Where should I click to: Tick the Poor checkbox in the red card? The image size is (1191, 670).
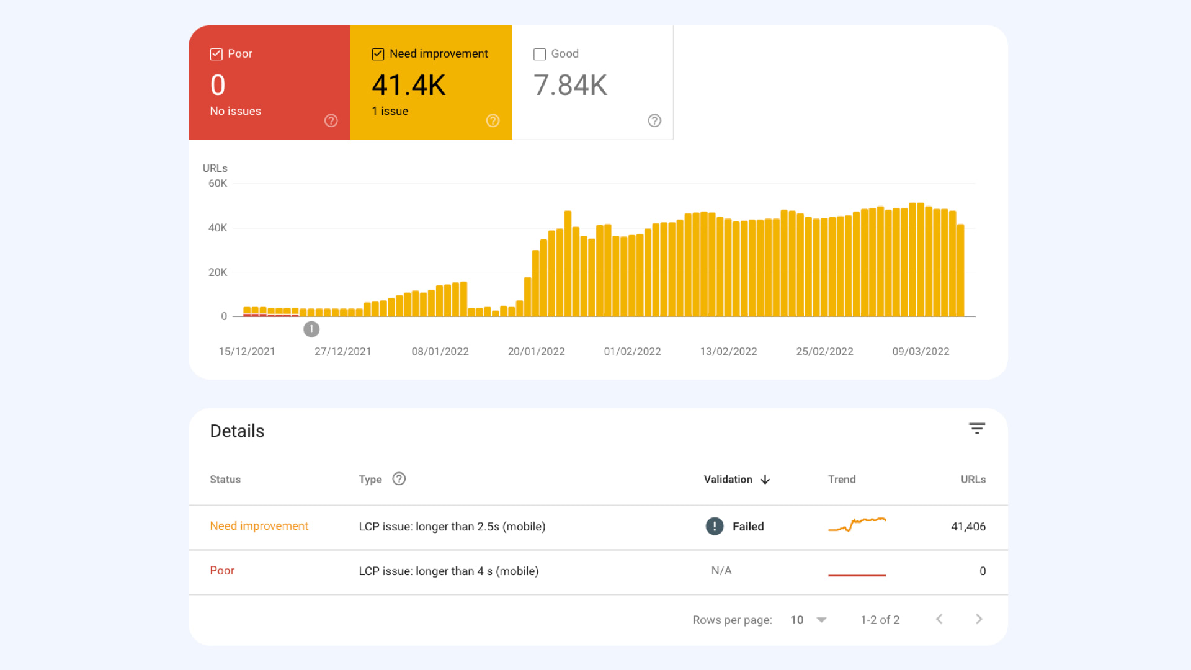tap(216, 54)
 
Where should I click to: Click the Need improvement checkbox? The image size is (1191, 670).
tap(378, 54)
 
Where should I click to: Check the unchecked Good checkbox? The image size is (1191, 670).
tap(540, 54)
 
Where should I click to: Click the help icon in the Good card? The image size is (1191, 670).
tap(654, 121)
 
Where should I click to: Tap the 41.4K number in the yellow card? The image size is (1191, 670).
tap(409, 86)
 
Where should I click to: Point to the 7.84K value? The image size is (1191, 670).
tap(570, 86)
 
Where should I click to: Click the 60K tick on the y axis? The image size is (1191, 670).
tap(217, 184)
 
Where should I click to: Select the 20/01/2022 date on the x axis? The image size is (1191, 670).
tap(536, 352)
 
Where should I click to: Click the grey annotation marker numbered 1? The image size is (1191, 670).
tap(311, 329)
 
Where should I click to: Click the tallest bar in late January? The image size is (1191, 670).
tap(568, 264)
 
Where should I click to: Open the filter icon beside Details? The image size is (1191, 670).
tap(977, 429)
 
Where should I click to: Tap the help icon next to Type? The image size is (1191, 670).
tap(399, 479)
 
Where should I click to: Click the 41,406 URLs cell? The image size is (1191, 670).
tap(968, 527)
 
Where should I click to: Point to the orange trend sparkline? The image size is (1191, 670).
tap(857, 524)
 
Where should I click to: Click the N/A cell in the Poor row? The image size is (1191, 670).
tap(721, 571)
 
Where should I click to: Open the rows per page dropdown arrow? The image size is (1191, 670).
tap(821, 620)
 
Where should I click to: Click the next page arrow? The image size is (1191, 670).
tap(979, 619)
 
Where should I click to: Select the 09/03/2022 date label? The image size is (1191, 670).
tap(921, 352)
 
